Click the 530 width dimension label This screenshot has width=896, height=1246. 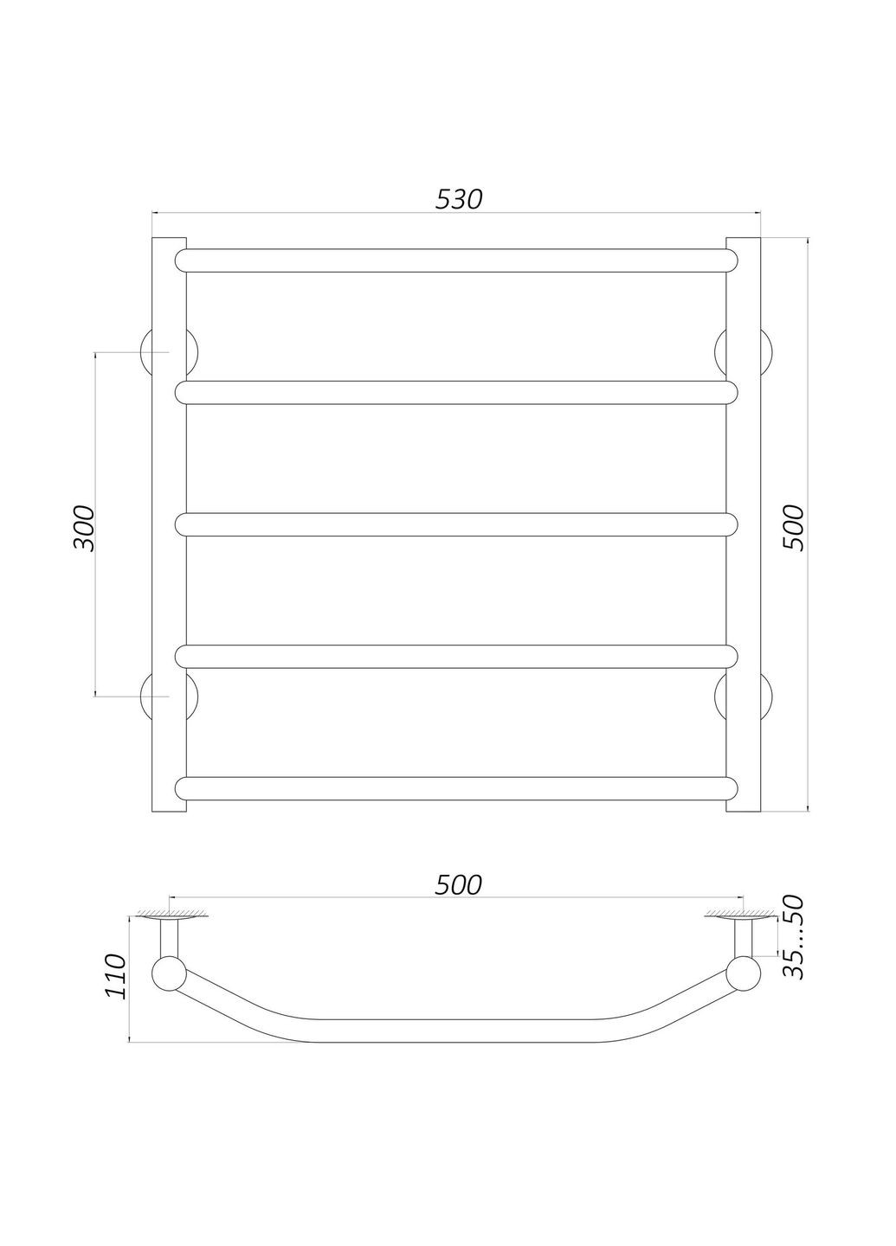coord(457,199)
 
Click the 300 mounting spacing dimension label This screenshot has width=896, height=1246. coord(84,528)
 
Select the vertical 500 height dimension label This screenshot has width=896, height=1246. coord(793,526)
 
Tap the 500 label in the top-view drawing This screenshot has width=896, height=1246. coord(457,884)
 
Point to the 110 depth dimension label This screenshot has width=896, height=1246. coord(115,976)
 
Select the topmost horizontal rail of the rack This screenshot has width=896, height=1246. coord(456,260)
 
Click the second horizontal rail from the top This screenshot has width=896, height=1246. coord(456,392)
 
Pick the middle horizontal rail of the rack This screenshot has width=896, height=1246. coord(456,524)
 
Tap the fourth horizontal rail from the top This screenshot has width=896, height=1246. coord(456,656)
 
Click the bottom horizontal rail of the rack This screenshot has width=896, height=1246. coord(456,787)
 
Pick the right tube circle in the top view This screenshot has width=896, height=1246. coord(743,975)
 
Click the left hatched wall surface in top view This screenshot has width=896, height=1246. coord(171,915)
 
